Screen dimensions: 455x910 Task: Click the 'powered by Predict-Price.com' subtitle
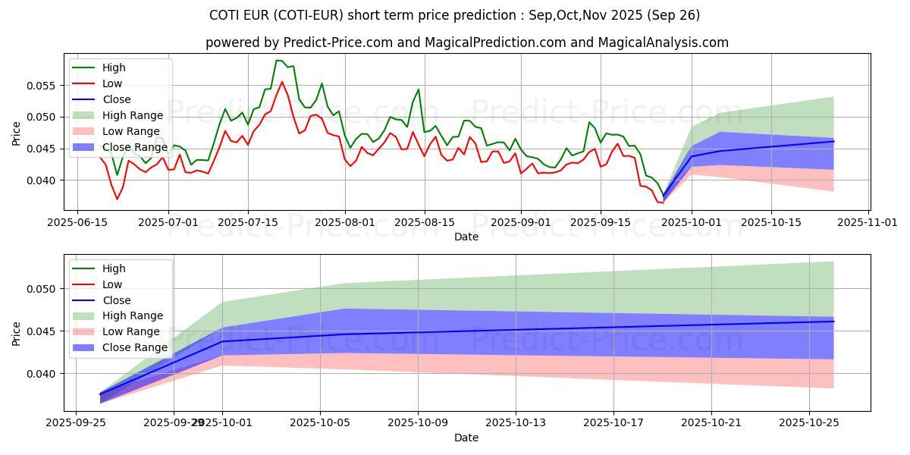point(466,42)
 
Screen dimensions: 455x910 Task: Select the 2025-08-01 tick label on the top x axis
point(345,222)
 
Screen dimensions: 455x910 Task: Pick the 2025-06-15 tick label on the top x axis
point(77,222)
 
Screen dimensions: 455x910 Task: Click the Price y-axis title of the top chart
point(17,133)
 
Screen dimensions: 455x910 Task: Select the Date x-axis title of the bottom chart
point(466,438)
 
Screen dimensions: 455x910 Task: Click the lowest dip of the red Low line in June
point(117,199)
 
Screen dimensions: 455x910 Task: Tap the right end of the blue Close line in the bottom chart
point(833,322)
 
